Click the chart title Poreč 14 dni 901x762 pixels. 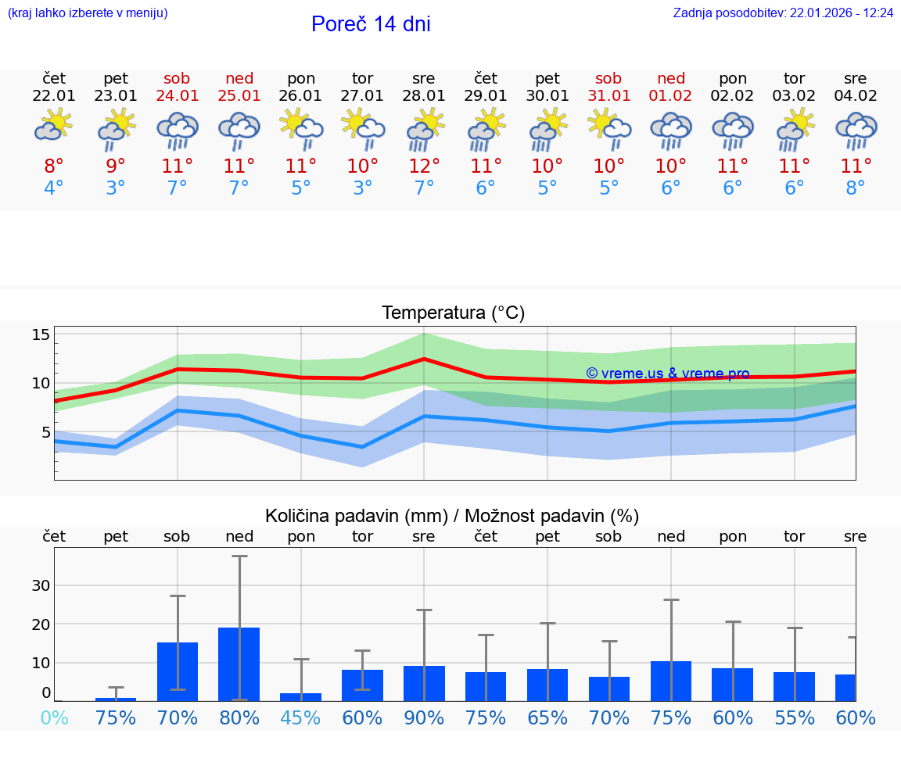pyautogui.click(x=371, y=24)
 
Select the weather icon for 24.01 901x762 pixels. pyautogui.click(x=178, y=130)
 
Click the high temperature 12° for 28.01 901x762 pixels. pyautogui.click(x=424, y=166)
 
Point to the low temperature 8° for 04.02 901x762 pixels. pyautogui.click(x=856, y=188)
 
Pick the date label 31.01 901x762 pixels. pyautogui.click(x=608, y=96)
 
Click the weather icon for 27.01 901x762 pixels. pyautogui.click(x=362, y=130)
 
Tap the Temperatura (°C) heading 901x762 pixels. pyautogui.click(x=453, y=313)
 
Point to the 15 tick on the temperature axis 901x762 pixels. pyautogui.click(x=41, y=335)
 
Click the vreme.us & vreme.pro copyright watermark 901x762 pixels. pyautogui.click(x=667, y=374)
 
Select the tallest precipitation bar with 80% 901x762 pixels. pyautogui.click(x=239, y=664)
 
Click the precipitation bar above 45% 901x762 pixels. pyautogui.click(x=301, y=696)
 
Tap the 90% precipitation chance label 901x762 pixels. pyautogui.click(x=424, y=717)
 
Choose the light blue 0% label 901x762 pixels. pyautogui.click(x=54, y=717)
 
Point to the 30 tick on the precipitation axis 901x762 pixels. pyautogui.click(x=41, y=585)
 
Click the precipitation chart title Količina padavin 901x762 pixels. pyautogui.click(x=452, y=516)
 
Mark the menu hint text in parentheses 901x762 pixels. pyautogui.click(x=88, y=13)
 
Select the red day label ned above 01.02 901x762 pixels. pyautogui.click(x=670, y=79)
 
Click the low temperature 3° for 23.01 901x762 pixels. pyautogui.click(x=116, y=188)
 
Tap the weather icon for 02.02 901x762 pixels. pyautogui.click(x=732, y=130)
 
